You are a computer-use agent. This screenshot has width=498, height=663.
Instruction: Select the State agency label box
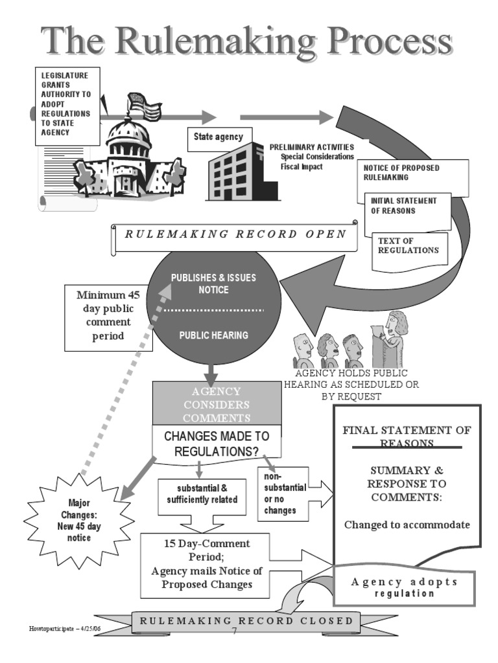coord(218,137)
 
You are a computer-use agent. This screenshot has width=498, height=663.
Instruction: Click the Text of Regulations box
coord(409,247)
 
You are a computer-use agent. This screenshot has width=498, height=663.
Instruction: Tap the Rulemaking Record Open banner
coord(235,235)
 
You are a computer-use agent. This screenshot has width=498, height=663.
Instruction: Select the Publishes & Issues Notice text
coord(213,284)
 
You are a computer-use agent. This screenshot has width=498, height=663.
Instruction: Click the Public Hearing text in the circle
coord(213,335)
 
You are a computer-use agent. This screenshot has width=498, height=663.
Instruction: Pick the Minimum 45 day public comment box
coord(109,317)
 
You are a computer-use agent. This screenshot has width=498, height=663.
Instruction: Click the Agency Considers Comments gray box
coord(217,404)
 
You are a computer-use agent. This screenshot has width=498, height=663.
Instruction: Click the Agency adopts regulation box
coord(403,587)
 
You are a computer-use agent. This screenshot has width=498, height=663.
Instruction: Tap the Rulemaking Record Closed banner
coord(246,621)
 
